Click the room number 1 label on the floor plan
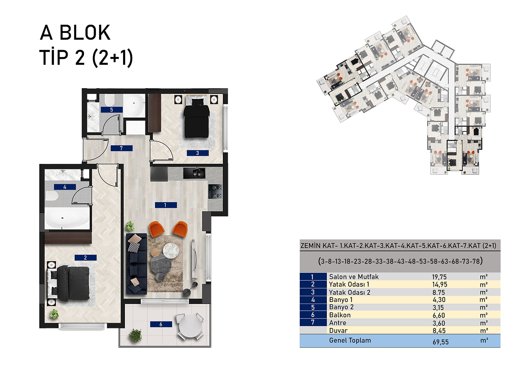pos(166,205)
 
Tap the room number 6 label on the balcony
pos(161,324)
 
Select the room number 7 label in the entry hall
pos(121,148)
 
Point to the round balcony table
pos(190,326)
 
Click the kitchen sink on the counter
pos(194,173)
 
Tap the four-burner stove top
pos(215,191)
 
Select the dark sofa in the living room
pos(136,264)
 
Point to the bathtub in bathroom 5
pos(134,106)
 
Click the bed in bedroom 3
pos(197,118)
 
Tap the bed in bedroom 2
pos(68,283)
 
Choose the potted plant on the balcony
pos(135,335)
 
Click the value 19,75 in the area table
pos(439,277)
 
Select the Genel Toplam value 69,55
pos(441,342)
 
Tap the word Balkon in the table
pos(340,315)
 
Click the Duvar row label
pos(338,330)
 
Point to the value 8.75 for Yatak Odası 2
pos(438,292)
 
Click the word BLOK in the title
pos(85,33)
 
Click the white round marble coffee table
pos(171,251)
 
